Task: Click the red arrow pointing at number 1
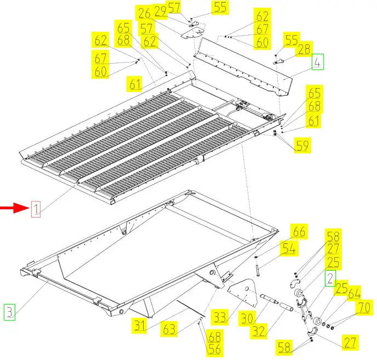click(x=14, y=208)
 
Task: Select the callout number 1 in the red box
click(x=36, y=209)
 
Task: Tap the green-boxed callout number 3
click(x=10, y=312)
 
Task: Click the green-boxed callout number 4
click(x=318, y=62)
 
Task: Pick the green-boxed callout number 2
click(x=330, y=278)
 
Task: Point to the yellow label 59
click(x=302, y=145)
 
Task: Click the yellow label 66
click(x=299, y=231)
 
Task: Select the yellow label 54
click(x=289, y=248)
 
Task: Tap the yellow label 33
click(x=220, y=317)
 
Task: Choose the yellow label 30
click(x=247, y=318)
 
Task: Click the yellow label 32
click(x=259, y=331)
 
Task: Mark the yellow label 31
click(x=140, y=325)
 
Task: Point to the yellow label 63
click(x=169, y=329)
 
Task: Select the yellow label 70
click(x=364, y=307)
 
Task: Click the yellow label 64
click(x=355, y=293)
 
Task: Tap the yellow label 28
click(x=304, y=49)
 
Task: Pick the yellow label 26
click(x=145, y=13)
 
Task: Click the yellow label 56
click(x=214, y=349)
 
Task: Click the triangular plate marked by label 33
click(x=242, y=293)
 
